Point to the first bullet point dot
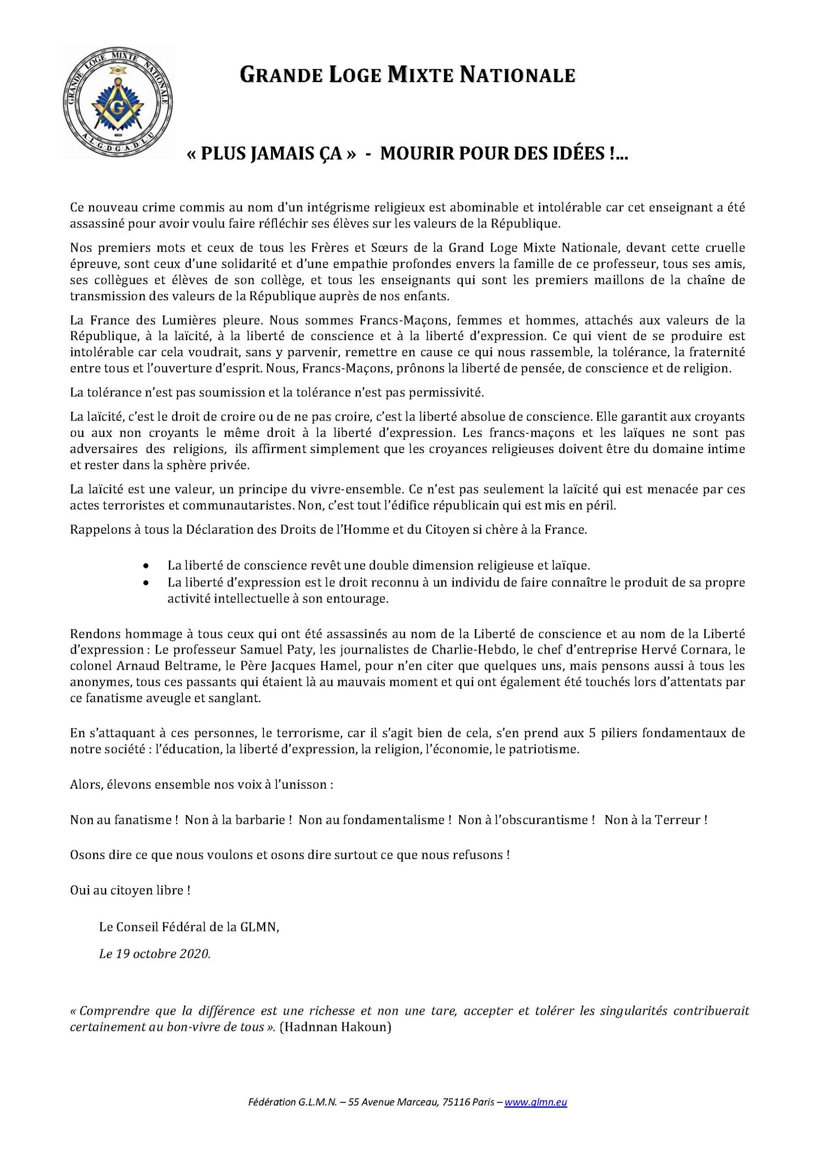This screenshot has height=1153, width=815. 145,565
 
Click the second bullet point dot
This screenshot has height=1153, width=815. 145,583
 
